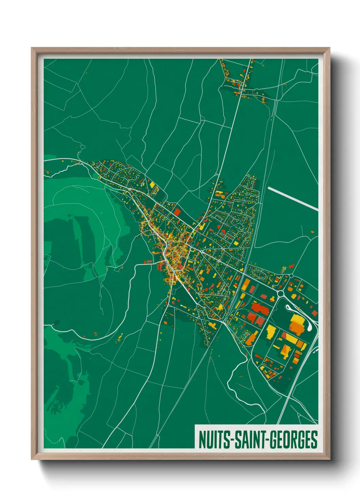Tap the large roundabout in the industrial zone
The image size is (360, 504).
point(281,293)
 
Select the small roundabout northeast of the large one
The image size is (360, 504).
point(291,276)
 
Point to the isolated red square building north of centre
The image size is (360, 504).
point(177,211)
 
